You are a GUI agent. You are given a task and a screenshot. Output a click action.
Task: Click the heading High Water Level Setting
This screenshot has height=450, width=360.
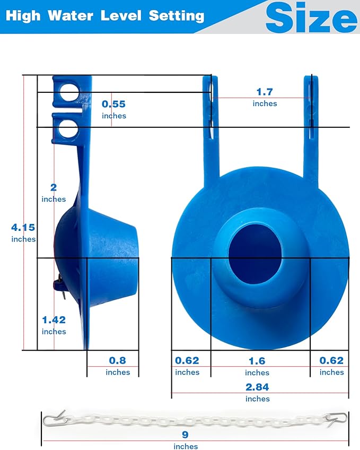coord(105,15)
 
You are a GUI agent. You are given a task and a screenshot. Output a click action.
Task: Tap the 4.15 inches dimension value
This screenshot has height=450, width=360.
coord(23,228)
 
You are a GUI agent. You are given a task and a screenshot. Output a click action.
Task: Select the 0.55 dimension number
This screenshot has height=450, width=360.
coord(113,104)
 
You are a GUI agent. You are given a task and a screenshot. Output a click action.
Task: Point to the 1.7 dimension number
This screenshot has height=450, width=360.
coord(265,92)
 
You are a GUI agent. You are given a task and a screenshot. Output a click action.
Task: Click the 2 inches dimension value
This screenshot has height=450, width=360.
coord(54,187)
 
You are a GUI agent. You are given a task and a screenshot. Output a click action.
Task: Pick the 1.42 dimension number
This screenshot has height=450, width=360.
coord(54,319)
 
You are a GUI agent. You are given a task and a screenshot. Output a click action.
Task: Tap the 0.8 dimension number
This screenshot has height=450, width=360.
coord(117,360)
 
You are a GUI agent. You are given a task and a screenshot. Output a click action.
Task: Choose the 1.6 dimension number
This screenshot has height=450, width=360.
coord(257,361)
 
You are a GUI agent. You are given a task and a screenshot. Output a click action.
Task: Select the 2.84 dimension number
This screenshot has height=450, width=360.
coord(257,387)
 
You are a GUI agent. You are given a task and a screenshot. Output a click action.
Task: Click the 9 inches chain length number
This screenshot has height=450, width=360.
coord(185,435)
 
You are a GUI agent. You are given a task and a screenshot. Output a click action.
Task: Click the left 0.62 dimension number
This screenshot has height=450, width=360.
coord(187,360)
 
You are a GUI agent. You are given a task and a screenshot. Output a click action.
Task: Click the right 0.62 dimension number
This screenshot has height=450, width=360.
coord(331,360)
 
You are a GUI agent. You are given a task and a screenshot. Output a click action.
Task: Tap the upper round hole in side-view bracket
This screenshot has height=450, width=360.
coord(68,94)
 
